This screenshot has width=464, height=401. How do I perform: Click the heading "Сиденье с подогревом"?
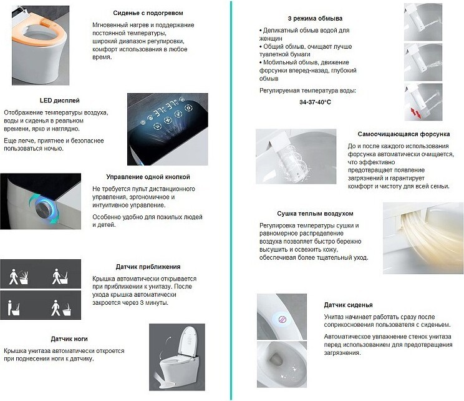[148, 13]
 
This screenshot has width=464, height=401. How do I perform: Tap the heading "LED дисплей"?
[59, 101]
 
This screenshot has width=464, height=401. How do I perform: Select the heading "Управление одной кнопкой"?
[148, 177]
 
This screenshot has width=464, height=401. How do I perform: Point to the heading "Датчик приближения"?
[148, 267]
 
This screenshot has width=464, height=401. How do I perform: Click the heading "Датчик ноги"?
[69, 339]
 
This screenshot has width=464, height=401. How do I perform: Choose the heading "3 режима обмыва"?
[315, 18]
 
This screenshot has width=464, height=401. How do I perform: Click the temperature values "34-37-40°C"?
[315, 102]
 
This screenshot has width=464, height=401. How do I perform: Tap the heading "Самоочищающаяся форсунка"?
[404, 134]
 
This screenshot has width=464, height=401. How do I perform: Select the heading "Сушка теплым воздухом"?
[315, 214]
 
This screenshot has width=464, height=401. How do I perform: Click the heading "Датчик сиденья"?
[348, 305]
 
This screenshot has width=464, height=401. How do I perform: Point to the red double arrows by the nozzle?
[415, 113]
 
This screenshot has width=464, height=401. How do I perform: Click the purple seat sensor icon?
[283, 320]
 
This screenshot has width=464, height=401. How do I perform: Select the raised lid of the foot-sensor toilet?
[188, 342]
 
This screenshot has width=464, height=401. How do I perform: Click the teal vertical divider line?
[231, 200]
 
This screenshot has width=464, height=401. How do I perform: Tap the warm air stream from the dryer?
[426, 234]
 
